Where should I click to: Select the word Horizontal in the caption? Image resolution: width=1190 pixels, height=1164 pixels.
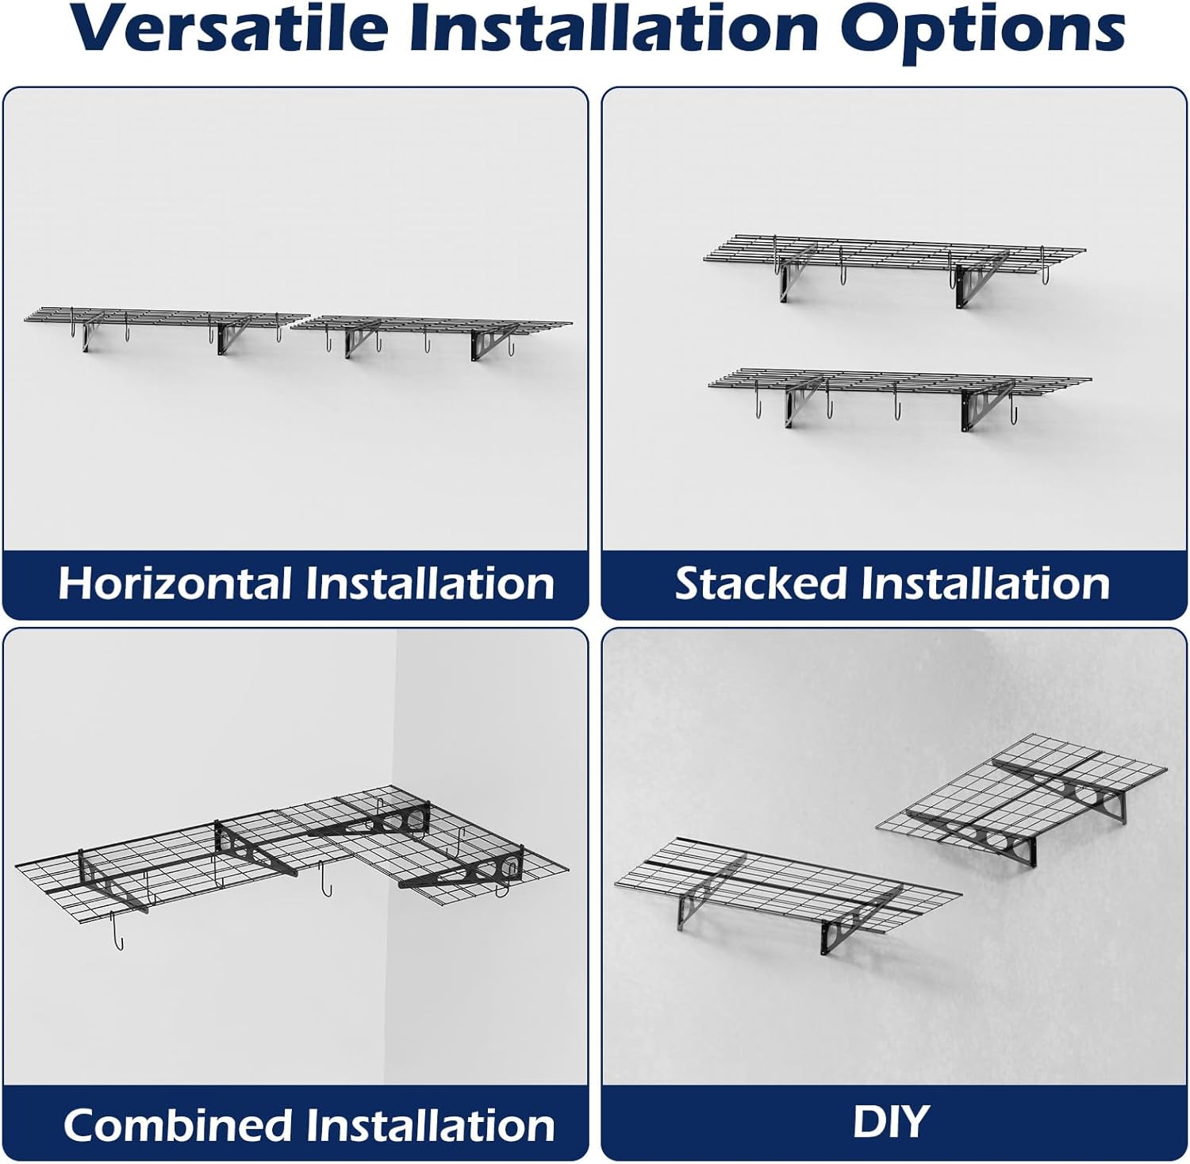point(175,583)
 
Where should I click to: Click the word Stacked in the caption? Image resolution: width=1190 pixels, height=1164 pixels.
point(761,583)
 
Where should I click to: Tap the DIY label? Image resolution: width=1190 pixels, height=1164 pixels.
point(890,1122)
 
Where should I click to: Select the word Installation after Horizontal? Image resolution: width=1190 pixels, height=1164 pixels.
point(430,583)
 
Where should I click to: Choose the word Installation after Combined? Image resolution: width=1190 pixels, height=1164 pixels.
point(432,1125)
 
